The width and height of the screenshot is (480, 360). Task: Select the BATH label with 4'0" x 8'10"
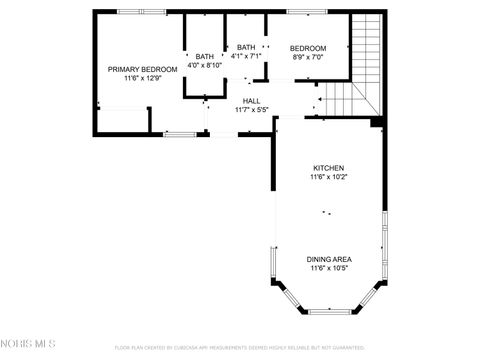205,56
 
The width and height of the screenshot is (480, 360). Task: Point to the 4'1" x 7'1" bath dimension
246,56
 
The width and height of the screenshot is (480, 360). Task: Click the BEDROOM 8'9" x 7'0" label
308,48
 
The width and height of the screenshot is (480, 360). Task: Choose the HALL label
251,100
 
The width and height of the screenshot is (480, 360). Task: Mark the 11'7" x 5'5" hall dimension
251,109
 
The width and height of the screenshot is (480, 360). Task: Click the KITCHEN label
328,168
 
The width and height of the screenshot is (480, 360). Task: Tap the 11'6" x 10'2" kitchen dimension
328,177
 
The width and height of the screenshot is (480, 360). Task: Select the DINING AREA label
328,259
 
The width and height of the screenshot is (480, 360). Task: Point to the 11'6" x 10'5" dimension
328,268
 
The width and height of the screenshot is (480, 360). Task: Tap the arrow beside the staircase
320,99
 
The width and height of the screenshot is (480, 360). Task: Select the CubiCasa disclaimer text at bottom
240,348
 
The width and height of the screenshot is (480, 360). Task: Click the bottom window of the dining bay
328,311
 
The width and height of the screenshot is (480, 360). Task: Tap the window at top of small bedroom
300,12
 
